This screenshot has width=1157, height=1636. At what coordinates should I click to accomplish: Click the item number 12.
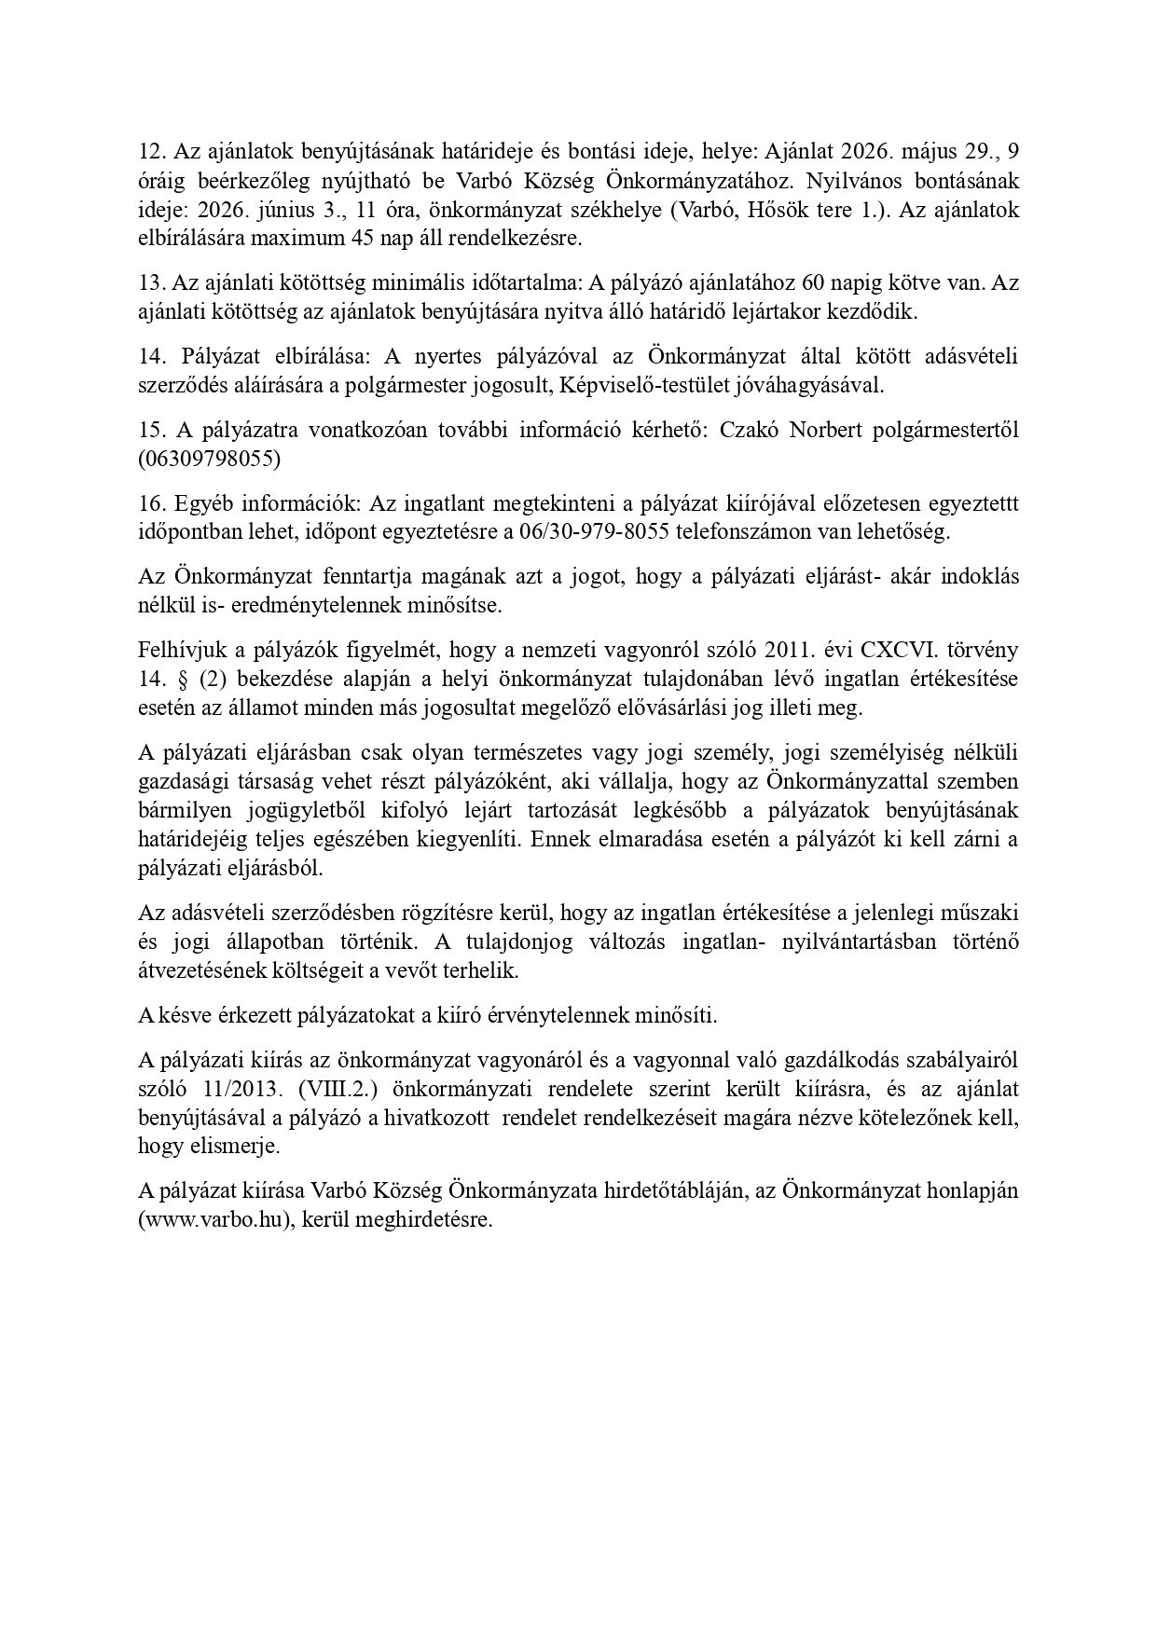click(150, 153)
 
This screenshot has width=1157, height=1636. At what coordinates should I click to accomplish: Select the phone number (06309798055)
click(209, 459)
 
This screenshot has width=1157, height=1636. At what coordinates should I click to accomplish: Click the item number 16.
click(150, 503)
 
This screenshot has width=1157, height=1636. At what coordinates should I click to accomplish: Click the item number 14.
click(150, 356)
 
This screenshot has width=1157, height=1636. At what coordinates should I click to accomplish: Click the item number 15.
click(150, 430)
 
